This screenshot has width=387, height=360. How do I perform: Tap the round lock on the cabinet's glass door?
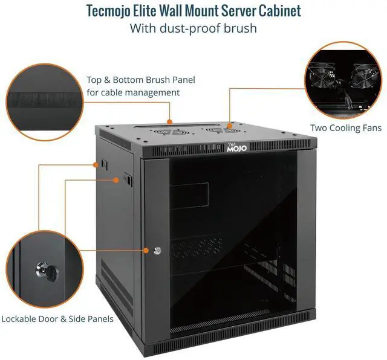point(157,250)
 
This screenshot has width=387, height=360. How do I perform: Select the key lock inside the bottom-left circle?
point(45,269)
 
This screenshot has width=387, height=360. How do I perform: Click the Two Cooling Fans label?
point(346,128)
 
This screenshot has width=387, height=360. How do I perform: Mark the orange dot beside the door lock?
point(147,250)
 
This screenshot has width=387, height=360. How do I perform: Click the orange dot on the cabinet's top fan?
point(230,126)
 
